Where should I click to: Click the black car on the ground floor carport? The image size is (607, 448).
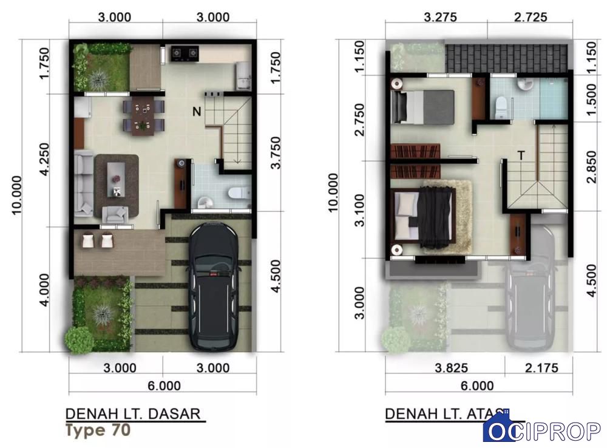(214, 287)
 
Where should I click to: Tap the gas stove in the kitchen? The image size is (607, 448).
(185, 53)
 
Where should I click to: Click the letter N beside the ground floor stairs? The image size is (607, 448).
(197, 112)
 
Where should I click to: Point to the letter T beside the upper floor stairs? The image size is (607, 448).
(521, 155)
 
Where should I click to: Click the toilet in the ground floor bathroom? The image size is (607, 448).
(239, 192)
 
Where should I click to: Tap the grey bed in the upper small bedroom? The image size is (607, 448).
(422, 107)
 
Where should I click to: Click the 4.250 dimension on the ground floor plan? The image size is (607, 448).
(45, 160)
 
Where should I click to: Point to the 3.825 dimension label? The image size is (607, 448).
(452, 367)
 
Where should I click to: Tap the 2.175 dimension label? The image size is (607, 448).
(541, 367)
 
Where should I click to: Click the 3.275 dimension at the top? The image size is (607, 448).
(441, 17)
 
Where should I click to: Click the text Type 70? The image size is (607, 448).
(98, 430)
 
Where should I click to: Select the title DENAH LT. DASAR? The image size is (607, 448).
(133, 414)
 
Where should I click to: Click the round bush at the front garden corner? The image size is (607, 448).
(78, 341)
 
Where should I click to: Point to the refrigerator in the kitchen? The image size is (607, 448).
(243, 75)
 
